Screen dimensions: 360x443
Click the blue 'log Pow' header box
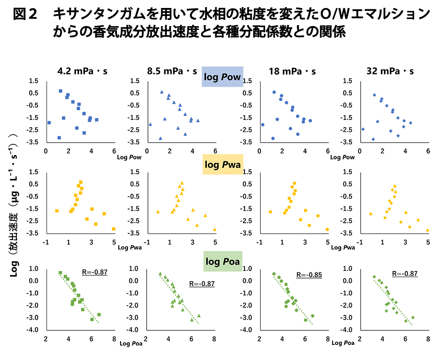click(x=222, y=77)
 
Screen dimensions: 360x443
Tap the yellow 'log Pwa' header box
click(x=222, y=165)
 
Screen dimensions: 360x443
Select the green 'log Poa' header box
click(x=222, y=262)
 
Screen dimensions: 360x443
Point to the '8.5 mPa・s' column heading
click(x=172, y=71)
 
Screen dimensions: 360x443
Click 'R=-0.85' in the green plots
click(x=309, y=275)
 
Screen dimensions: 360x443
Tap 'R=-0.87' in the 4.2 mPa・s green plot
click(x=95, y=273)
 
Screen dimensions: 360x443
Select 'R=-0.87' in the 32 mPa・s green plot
click(x=405, y=274)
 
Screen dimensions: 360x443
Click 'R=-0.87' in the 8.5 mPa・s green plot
click(x=202, y=283)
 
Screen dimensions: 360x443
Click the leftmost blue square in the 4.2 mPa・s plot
click(x=49, y=123)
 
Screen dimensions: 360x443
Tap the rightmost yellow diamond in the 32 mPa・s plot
click(x=427, y=230)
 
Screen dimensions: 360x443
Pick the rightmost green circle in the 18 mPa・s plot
click(x=312, y=316)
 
